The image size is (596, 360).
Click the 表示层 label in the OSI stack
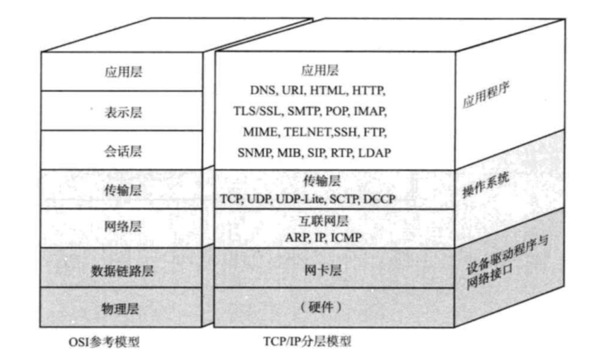(117, 112)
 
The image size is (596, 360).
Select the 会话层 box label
(117, 151)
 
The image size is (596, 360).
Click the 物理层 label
(117, 308)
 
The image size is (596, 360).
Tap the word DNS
(263, 91)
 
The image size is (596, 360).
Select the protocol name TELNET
(307, 132)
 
